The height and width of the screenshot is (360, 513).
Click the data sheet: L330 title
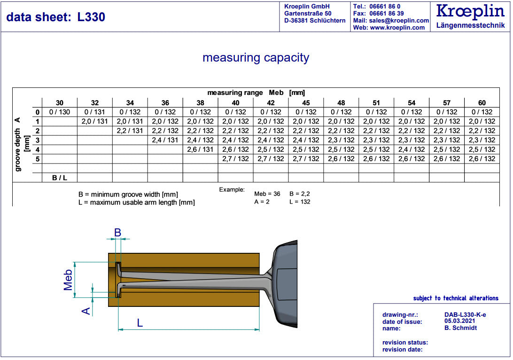tap(56, 17)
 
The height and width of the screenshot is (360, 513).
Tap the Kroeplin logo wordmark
tap(470, 11)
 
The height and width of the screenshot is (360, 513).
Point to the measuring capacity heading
tap(256, 58)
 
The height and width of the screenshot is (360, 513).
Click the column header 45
tap(306, 103)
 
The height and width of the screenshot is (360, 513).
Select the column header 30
tap(60, 103)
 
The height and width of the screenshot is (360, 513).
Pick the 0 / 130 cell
tap(60, 112)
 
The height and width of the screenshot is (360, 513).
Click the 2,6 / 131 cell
tap(200, 149)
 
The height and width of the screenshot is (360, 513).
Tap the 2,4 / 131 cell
tap(165, 140)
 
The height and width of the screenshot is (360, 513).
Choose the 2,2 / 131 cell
tap(130, 131)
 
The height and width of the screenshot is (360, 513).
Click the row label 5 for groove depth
tap(38, 159)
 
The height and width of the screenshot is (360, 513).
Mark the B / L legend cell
tap(60, 178)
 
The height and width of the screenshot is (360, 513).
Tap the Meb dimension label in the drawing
tap(69, 280)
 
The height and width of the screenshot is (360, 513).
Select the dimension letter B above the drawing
tap(117, 232)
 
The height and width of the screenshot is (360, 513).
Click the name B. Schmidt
tap(460, 328)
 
